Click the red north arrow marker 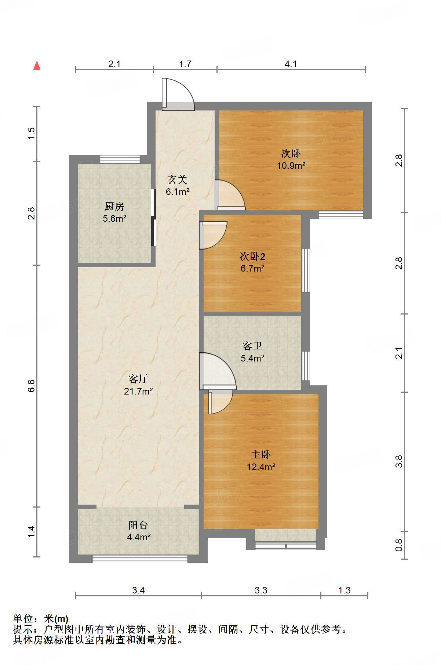coord(37,65)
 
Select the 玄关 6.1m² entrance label coord(178,185)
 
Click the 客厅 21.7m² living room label coord(138,385)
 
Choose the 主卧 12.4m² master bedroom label coord(261,461)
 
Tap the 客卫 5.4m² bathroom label coord(252,352)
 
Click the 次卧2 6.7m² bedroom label coord(252,262)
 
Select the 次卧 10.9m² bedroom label coord(291,159)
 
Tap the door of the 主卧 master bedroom coord(220,403)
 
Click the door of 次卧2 coord(214,235)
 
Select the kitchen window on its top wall coord(120,159)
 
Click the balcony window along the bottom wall coord(140,559)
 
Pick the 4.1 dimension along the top coord(291,64)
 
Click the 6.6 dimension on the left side coord(31,386)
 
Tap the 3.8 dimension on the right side coord(399,461)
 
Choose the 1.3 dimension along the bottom coord(344,590)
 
